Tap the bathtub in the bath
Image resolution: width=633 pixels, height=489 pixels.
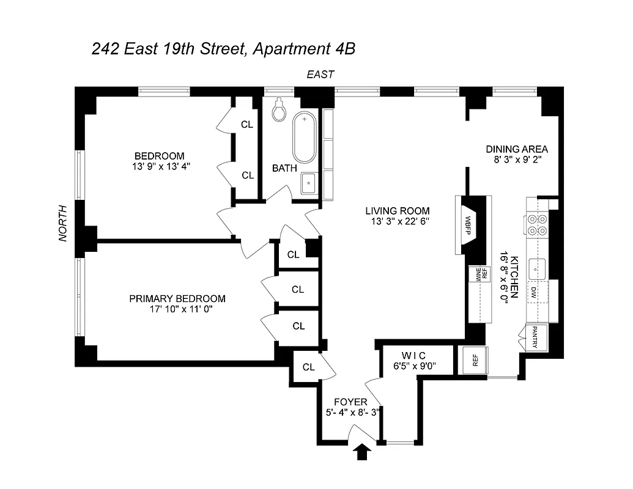pos(304,138)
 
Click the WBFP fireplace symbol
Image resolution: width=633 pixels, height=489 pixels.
pos(468,225)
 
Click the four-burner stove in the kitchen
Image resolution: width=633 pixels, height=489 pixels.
pos(536,225)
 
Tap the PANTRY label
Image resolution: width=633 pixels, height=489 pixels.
pos(533,338)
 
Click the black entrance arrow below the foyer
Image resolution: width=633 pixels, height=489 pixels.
pos(363,452)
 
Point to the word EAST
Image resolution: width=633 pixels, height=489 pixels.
pos(320,75)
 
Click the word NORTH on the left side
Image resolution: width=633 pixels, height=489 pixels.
pos(62,223)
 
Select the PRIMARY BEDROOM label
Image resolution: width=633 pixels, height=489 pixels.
pos(177,299)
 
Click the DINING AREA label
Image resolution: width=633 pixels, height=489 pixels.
pos(517,149)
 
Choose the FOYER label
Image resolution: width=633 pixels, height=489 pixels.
pos(350,402)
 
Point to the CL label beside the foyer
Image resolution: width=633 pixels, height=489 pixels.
pos(308,367)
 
